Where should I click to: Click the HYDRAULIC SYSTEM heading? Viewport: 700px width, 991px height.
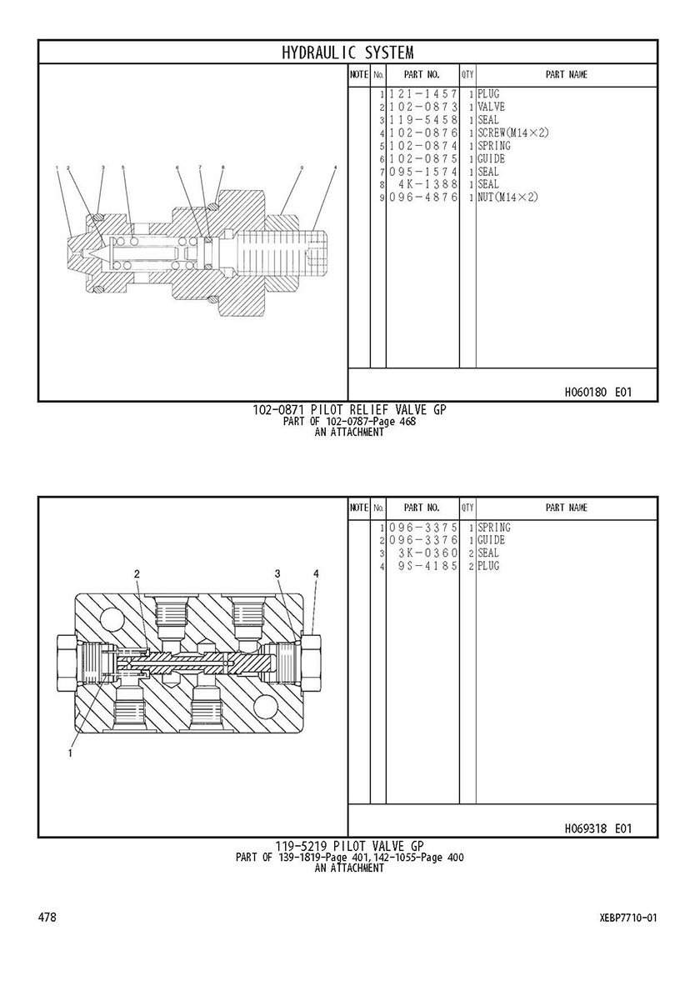347,52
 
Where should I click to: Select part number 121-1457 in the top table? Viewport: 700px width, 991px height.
422,94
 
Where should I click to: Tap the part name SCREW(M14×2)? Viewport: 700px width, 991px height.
513,133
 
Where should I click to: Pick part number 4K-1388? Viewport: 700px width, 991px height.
427,184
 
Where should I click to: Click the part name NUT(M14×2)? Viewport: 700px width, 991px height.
507,198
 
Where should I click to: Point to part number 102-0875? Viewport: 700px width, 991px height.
422,158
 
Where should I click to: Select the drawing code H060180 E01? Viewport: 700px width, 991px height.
597,392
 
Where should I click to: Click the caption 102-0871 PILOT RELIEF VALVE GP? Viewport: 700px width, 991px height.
349,409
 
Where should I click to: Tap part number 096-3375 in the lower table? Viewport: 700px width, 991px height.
422,528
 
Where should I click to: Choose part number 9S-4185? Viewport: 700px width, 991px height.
427,566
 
